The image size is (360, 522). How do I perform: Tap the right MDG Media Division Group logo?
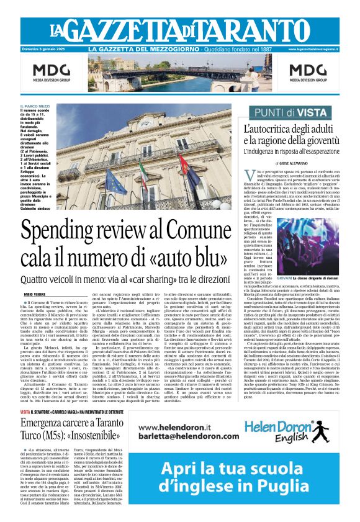tap(307, 73)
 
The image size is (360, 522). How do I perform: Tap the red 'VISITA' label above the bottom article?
tap(25, 412)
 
